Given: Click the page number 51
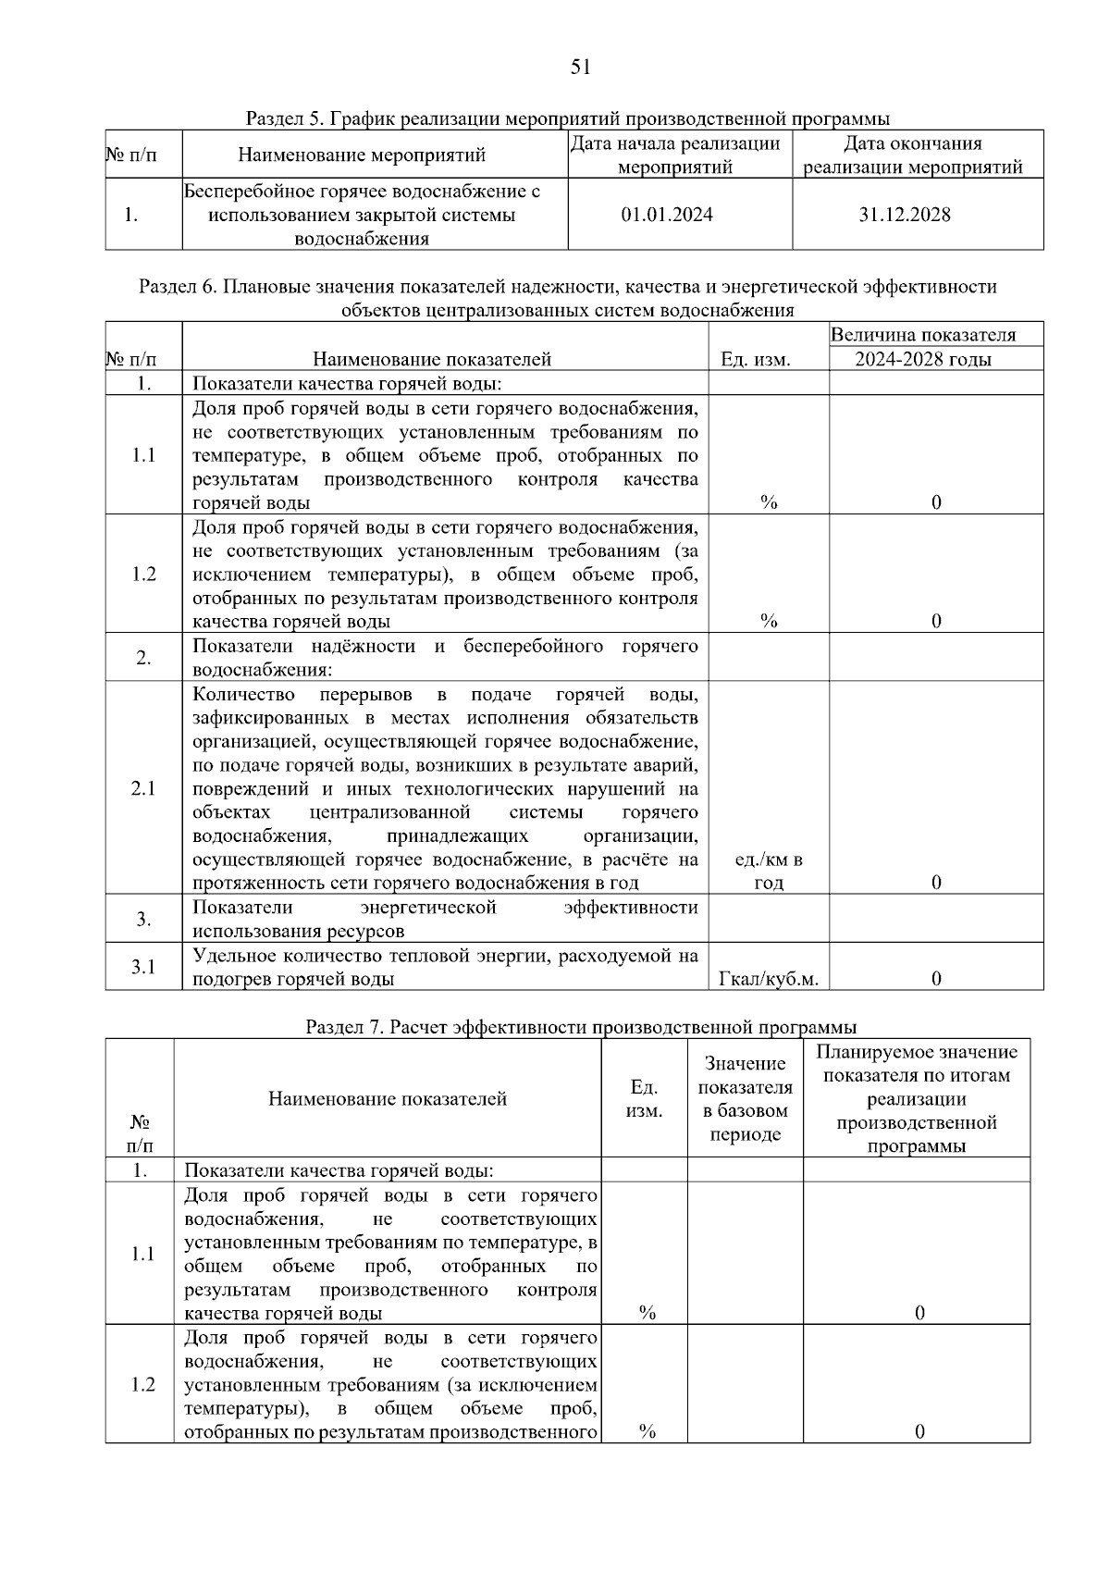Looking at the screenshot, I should point(580,67).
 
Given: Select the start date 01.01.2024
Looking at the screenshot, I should point(667,216).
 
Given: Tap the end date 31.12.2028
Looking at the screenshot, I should point(904,216).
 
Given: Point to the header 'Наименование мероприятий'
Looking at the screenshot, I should point(362,155).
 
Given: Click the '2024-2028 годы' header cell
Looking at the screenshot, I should point(922,359).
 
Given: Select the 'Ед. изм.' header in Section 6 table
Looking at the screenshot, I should point(756,359).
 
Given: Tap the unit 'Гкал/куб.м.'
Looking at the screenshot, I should point(768,979).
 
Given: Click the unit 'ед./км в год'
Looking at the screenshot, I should point(768,871).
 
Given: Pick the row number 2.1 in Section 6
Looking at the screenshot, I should point(143,788).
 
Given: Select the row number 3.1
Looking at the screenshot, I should point(143,967).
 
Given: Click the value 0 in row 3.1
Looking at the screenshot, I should point(936,979).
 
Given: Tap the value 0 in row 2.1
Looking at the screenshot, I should point(936,883).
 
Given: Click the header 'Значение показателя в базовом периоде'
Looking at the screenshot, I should point(745,1098).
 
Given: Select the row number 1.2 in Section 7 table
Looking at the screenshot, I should point(142,1385).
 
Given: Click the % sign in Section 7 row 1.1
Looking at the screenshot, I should point(647,1313).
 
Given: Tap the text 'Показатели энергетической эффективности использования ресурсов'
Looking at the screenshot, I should point(445,919).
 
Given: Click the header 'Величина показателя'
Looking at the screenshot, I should point(922,335).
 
